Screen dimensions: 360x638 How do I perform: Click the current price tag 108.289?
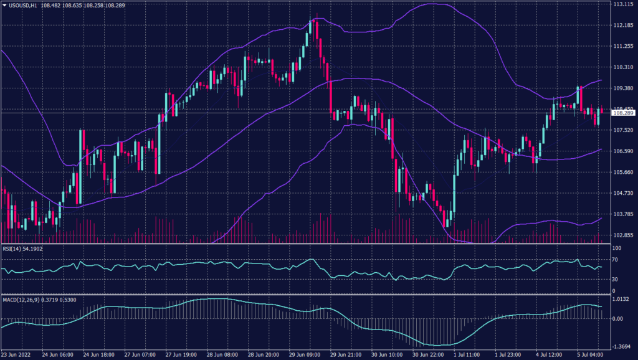[x=623, y=113]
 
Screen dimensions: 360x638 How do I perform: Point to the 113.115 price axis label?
[x=623, y=4]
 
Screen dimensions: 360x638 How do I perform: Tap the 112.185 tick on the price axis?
[x=623, y=26]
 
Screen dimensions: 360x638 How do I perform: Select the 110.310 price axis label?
[x=623, y=67]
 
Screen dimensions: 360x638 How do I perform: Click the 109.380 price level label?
[x=623, y=88]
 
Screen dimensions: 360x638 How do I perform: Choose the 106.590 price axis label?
[x=623, y=151]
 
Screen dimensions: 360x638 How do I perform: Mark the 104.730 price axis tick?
[x=623, y=193]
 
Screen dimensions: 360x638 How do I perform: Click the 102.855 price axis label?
[x=623, y=235]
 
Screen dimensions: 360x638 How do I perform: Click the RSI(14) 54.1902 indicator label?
[x=23, y=249]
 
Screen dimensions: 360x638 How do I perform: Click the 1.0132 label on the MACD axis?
[x=621, y=298]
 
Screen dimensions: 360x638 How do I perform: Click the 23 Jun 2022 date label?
[x=17, y=354]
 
